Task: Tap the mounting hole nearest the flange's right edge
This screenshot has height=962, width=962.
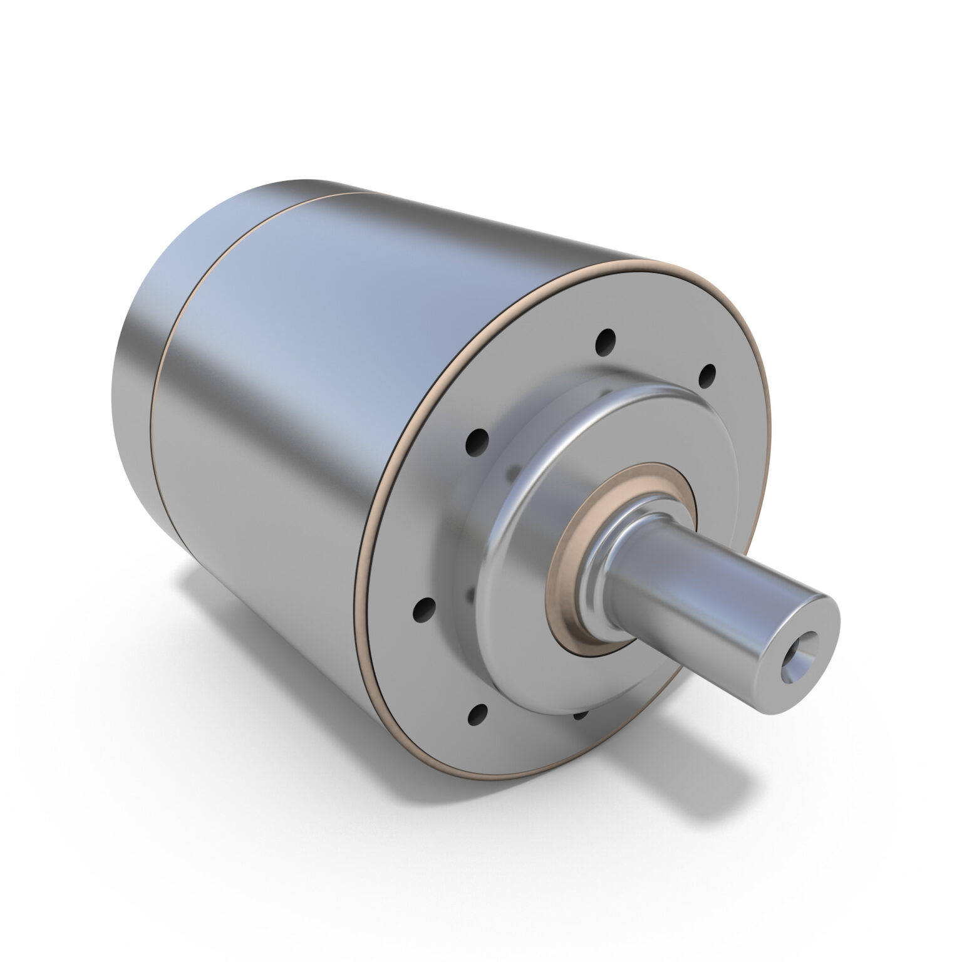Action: [708, 375]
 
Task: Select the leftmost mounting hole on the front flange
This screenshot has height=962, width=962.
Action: [425, 607]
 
